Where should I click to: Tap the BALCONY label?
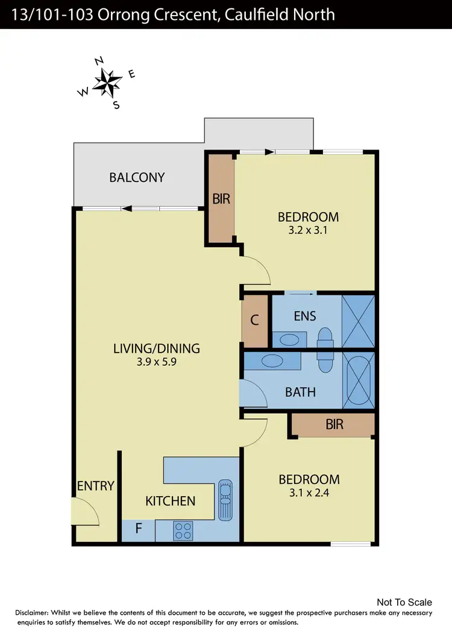[x=137, y=177]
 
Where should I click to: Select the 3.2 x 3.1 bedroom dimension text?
[x=307, y=230]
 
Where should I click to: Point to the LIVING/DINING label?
[x=157, y=348]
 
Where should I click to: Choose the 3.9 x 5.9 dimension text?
[x=157, y=363]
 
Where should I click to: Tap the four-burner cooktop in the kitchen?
[x=183, y=530]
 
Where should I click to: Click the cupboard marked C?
[x=254, y=320]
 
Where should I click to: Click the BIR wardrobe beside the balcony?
[x=221, y=198]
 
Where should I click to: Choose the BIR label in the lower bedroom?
[x=334, y=424]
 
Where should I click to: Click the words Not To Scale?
[x=404, y=602]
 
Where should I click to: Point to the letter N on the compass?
[x=100, y=61]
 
